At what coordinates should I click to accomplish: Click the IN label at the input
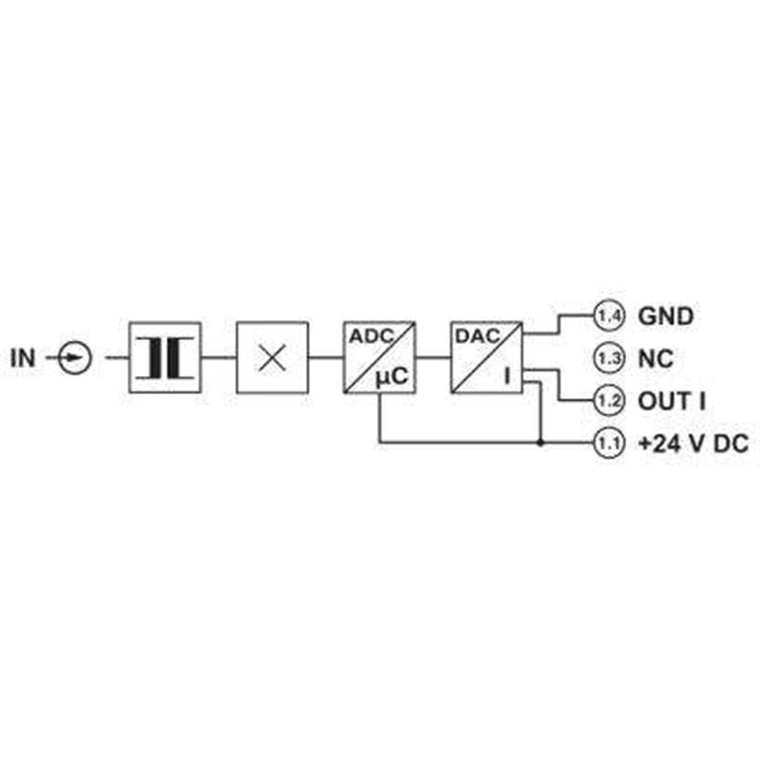(x=23, y=358)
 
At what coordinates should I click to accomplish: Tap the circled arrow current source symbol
(x=75, y=358)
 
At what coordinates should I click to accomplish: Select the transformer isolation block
(x=164, y=358)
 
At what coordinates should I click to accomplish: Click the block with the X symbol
(x=272, y=358)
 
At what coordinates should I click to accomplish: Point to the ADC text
(x=371, y=336)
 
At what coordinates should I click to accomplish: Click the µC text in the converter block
(x=392, y=376)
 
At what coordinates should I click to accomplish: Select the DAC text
(x=478, y=336)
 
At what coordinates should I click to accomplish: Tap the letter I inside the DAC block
(x=507, y=376)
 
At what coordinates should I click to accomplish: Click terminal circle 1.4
(x=609, y=316)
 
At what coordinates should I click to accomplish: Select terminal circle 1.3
(x=609, y=358)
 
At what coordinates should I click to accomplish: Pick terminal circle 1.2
(x=609, y=401)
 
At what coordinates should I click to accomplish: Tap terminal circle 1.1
(x=609, y=443)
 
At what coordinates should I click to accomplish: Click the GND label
(x=666, y=316)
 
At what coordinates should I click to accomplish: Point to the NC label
(x=655, y=359)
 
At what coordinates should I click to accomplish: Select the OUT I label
(x=672, y=401)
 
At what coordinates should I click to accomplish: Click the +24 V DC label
(x=693, y=444)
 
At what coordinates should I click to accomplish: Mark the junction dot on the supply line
(x=541, y=443)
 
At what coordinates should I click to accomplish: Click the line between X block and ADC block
(x=326, y=358)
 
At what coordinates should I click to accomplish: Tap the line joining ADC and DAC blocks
(x=433, y=358)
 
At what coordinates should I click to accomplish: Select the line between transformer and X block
(x=218, y=358)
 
